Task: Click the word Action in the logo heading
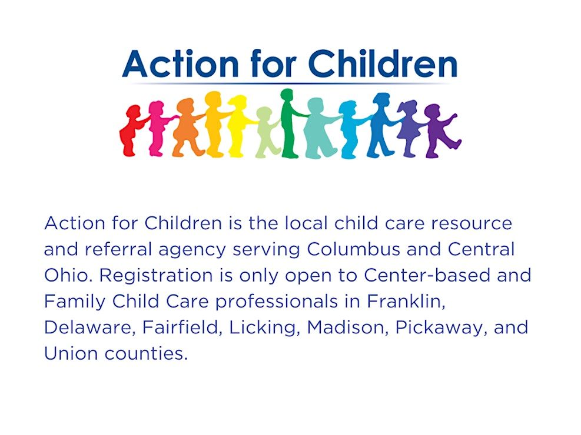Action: (181, 63)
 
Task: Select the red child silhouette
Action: (131, 130)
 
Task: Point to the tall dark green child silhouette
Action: (291, 123)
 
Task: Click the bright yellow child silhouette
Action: (238, 126)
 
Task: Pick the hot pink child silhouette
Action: (158, 128)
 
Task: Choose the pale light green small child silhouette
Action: (265, 132)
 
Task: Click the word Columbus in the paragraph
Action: (354, 249)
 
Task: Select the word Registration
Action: (156, 276)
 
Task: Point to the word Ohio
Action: (67, 275)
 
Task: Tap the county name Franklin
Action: (406, 301)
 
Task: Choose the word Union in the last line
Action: (70, 353)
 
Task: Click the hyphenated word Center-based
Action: (427, 275)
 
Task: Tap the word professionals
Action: (277, 302)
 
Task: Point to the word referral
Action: (118, 249)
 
